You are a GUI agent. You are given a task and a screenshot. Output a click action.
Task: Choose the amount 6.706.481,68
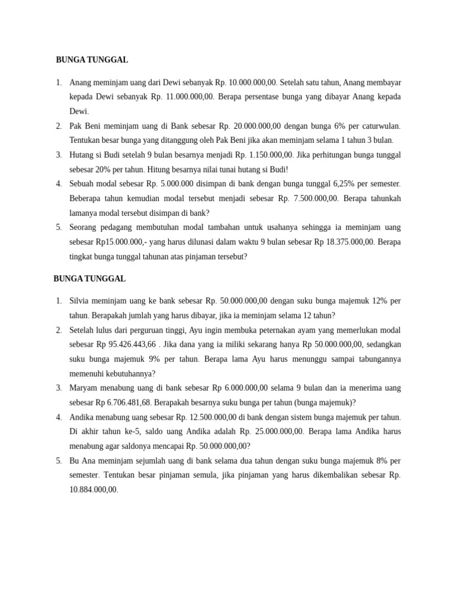[x=127, y=402]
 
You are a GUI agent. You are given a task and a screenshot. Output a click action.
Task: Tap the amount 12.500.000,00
[x=212, y=417]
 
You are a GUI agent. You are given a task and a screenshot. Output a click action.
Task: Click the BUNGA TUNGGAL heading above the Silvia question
[x=89, y=279]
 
